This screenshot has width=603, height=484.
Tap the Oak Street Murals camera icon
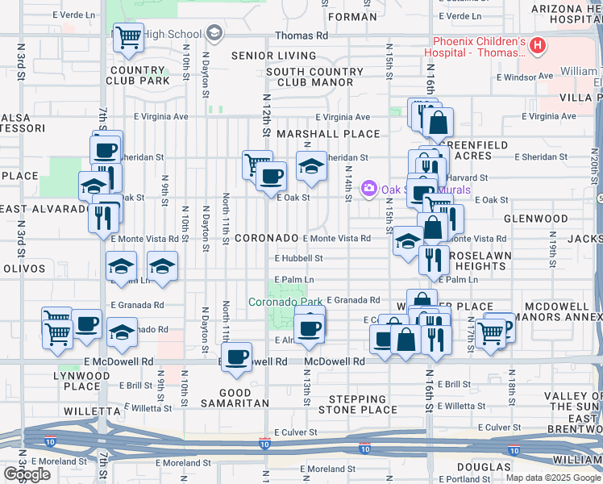click(369, 189)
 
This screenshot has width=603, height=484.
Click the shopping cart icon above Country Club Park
click(128, 37)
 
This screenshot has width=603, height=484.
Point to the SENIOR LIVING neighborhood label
click(273, 56)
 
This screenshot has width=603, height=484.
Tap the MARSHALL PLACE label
click(327, 134)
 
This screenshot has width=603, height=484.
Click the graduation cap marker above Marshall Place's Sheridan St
click(311, 166)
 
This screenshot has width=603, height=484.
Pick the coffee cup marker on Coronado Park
click(310, 328)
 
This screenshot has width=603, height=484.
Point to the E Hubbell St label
click(298, 259)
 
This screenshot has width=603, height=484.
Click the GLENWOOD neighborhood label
click(536, 219)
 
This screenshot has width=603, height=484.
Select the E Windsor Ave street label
click(524, 77)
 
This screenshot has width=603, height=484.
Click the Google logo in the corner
click(27, 474)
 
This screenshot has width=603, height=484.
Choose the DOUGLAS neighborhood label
click(484, 467)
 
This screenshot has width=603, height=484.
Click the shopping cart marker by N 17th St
click(490, 332)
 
